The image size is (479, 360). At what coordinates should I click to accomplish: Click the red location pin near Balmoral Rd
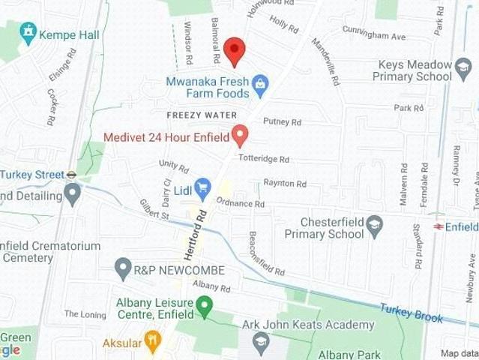(235, 50)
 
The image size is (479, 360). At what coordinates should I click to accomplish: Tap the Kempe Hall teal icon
(28, 32)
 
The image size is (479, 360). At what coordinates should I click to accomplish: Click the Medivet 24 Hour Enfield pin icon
(240, 135)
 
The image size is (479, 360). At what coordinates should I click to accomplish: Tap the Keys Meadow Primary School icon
(464, 74)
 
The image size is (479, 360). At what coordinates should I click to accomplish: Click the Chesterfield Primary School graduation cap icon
(375, 223)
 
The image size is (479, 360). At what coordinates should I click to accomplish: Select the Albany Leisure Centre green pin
(204, 305)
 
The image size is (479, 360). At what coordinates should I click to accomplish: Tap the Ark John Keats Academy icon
(261, 342)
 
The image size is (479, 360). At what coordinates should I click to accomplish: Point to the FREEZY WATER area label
(196, 115)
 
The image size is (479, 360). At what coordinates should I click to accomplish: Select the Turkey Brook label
(411, 313)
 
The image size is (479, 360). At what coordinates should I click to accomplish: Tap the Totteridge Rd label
(263, 159)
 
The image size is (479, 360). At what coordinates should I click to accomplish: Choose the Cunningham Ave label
(374, 35)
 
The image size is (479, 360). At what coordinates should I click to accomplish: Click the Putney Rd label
(282, 121)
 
